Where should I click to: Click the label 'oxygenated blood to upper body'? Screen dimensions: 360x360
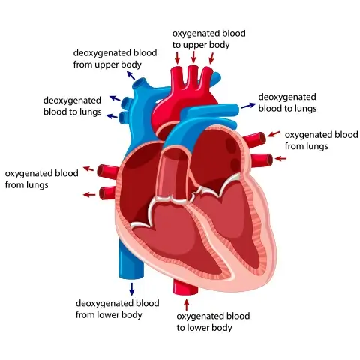(x=209, y=39)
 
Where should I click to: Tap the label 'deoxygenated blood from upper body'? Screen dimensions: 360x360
(x=115, y=58)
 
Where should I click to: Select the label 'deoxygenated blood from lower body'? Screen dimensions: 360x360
(x=118, y=309)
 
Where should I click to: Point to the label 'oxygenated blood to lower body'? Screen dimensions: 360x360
(x=213, y=322)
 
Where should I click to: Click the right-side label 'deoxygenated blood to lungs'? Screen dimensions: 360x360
(x=287, y=103)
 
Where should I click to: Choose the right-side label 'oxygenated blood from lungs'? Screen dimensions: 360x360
(x=322, y=140)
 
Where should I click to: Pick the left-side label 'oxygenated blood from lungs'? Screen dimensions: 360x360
(x=42, y=179)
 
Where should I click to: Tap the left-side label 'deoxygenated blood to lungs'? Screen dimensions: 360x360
(x=73, y=106)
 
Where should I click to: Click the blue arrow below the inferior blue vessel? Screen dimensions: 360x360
(x=132, y=289)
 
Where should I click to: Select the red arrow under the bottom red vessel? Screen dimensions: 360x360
(x=186, y=304)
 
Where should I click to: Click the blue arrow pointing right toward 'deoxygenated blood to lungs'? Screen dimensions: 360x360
(x=249, y=106)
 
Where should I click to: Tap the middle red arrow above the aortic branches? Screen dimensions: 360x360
(x=193, y=57)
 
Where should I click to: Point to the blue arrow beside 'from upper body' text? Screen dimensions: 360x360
(x=130, y=75)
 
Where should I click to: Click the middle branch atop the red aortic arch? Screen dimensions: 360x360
(x=193, y=76)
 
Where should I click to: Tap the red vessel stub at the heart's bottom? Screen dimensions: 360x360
(x=185, y=287)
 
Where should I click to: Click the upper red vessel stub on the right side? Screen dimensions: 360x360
(x=255, y=139)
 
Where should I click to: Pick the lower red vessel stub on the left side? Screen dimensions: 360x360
(x=107, y=193)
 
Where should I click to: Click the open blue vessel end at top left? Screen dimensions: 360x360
(x=139, y=83)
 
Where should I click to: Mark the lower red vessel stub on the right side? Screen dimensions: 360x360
(x=262, y=160)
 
